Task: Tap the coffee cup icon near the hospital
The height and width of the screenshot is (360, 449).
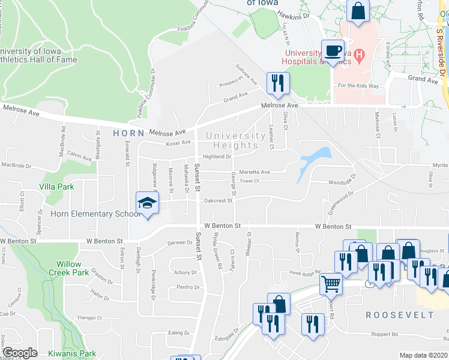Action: (333, 50)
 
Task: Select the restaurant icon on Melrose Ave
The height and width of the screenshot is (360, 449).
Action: (277, 83)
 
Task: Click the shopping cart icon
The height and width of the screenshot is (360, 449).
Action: (331, 283)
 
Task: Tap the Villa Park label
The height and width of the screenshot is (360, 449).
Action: (57, 187)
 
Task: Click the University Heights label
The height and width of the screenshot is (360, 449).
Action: (236, 140)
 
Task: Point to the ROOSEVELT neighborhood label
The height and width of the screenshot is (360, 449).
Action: (400, 314)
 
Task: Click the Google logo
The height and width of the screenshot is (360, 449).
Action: (20, 353)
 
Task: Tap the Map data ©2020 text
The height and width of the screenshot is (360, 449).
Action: (424, 355)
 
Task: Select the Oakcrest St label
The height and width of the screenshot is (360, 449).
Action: (218, 201)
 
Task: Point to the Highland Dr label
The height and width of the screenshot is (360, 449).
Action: (217, 157)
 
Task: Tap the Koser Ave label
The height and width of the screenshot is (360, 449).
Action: (178, 143)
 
